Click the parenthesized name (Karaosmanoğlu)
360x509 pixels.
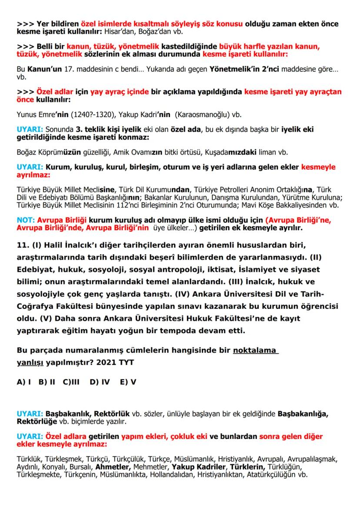(204, 115)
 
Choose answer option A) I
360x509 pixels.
(24, 382)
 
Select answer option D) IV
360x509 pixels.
(100, 382)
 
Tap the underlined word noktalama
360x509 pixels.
(256, 351)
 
